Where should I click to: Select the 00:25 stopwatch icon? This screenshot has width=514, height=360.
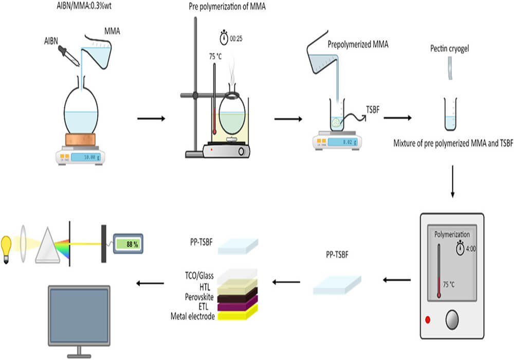(x=224, y=38)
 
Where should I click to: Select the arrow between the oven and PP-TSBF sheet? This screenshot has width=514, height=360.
(x=396, y=280)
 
